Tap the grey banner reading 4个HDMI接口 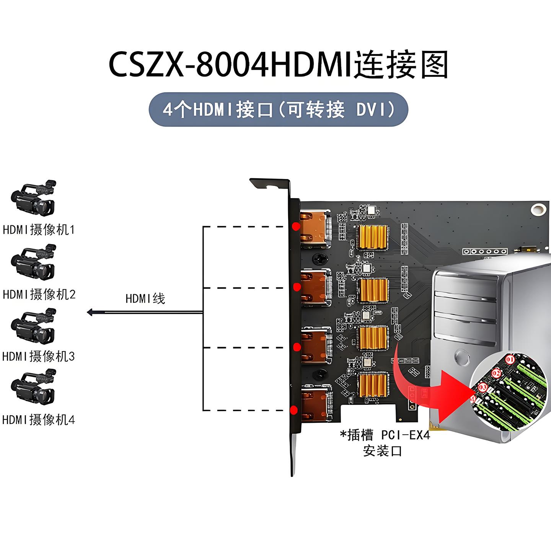point(278,110)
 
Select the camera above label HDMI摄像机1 point(34,198)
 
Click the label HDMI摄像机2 point(39,294)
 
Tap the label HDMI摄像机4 point(39,420)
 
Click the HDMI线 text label point(145,298)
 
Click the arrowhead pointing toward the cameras point(90,313)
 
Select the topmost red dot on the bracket point(295,226)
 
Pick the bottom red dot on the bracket point(293,411)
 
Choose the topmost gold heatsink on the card point(372,237)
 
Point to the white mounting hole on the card point(538,209)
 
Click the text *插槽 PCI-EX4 point(385,435)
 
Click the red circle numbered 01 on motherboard point(510,360)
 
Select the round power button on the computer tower point(463,357)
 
